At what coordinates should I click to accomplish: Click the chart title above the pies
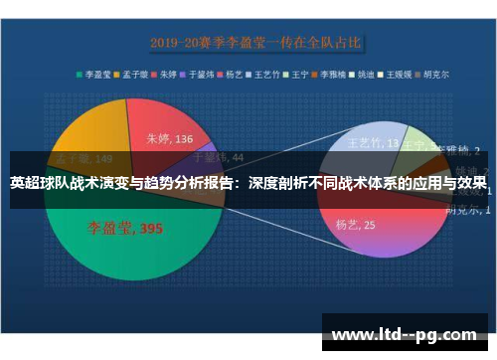[x=255, y=44]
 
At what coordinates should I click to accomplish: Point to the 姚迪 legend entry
[x=367, y=74]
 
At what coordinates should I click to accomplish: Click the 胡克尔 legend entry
[x=433, y=74]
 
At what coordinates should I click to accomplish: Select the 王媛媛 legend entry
[x=400, y=74]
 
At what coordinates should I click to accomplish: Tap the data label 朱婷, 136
[x=169, y=139]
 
